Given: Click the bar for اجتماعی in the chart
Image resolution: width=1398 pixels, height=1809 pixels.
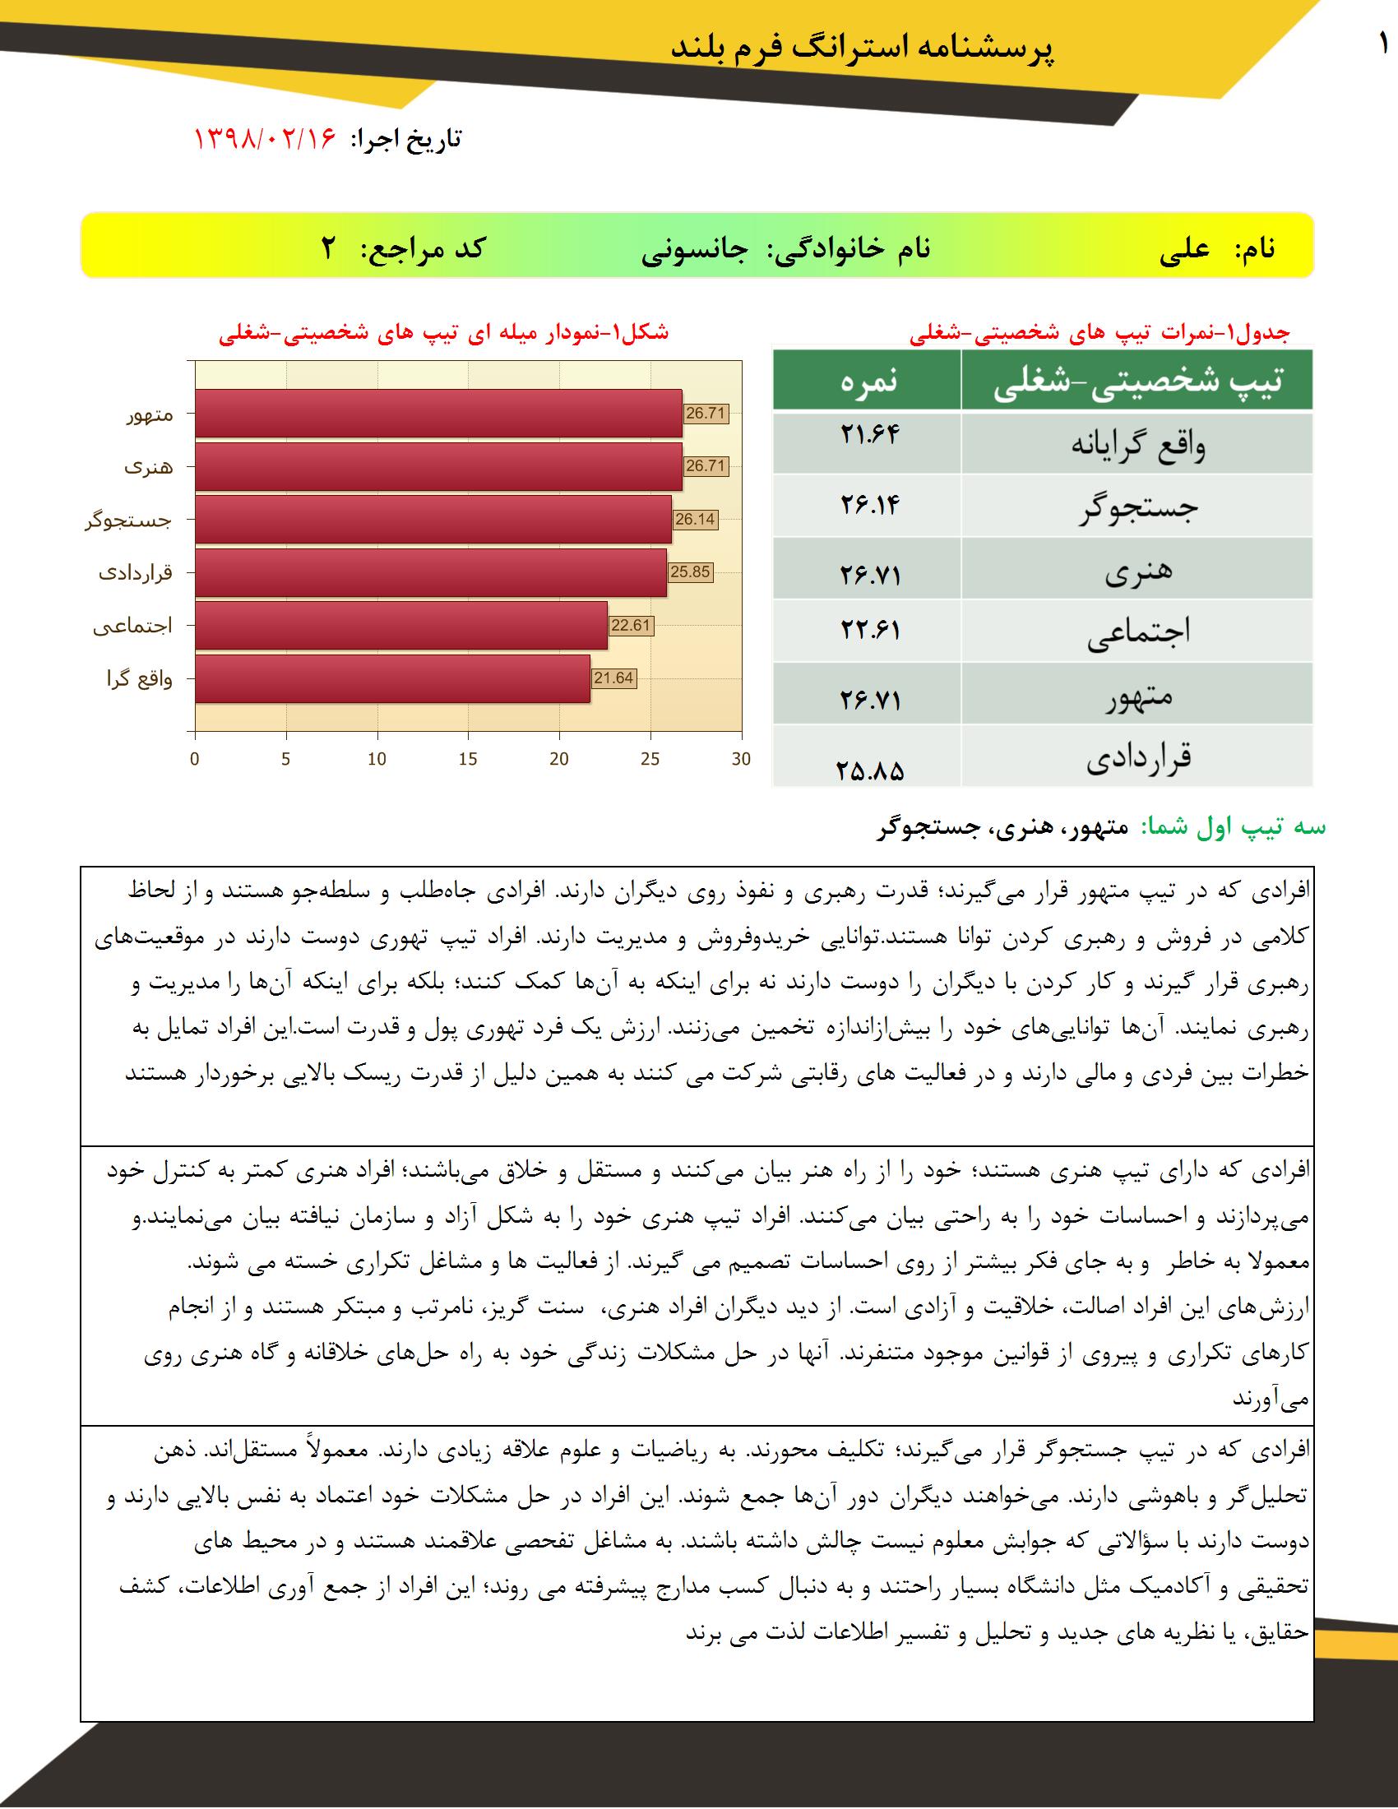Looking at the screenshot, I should [400, 626].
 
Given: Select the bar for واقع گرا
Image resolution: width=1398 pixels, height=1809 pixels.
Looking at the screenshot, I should [392, 678].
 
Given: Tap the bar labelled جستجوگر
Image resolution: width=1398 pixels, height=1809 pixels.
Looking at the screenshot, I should [433, 520].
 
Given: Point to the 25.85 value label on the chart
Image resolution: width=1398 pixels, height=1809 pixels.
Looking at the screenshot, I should [690, 571].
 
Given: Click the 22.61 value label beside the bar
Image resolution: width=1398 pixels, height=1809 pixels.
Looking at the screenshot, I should [630, 626].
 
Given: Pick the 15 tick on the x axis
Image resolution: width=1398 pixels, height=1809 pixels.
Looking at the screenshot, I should [468, 759].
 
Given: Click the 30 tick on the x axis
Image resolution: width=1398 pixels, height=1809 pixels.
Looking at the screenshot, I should [741, 759].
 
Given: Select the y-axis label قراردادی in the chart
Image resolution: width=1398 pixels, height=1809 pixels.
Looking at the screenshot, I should [136, 572].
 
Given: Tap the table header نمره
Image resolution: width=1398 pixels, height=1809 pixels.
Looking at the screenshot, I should [868, 380].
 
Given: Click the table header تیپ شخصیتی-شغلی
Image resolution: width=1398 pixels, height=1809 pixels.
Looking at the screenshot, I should [1137, 381].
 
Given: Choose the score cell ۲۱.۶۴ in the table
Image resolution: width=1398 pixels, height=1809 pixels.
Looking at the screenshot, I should [868, 435].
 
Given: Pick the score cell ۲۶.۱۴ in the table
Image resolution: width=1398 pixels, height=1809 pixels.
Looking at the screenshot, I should [868, 504].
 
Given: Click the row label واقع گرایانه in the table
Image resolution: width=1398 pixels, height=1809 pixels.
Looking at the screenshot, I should [1137, 446].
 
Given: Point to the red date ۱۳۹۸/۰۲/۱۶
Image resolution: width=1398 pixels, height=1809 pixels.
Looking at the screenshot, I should [264, 138].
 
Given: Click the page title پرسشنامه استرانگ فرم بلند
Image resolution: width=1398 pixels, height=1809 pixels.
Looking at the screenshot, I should [862, 47].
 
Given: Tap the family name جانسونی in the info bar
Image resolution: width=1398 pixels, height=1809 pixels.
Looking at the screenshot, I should [694, 248].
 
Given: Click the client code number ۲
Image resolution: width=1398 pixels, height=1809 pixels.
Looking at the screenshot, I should [329, 248].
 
